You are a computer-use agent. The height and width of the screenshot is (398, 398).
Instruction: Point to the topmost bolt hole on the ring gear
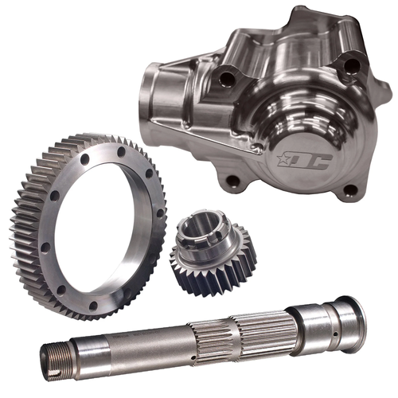pos(119,148)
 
